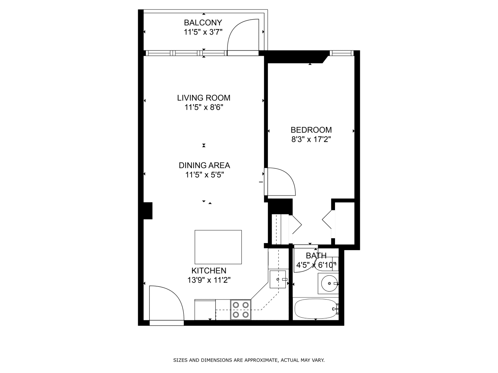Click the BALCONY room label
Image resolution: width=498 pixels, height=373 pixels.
pyautogui.click(x=203, y=23)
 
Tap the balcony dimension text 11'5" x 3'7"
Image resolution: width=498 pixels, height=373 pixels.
pyautogui.click(x=203, y=32)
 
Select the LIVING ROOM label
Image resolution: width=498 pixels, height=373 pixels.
pyautogui.click(x=204, y=98)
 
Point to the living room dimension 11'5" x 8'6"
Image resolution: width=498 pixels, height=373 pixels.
pyautogui.click(x=204, y=107)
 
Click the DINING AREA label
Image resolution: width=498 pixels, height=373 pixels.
pyautogui.click(x=204, y=165)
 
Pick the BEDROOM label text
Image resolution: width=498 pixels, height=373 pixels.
pyautogui.click(x=311, y=130)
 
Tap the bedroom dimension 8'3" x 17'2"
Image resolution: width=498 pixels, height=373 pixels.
pyautogui.click(x=311, y=139)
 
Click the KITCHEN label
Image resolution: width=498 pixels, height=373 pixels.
pyautogui.click(x=209, y=271)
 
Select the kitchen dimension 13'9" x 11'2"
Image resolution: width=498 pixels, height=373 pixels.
pyautogui.click(x=209, y=280)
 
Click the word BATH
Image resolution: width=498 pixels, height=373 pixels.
pyautogui.click(x=316, y=256)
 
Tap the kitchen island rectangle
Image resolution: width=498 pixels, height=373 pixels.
pyautogui.click(x=218, y=247)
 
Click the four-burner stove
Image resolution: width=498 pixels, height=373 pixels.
pyautogui.click(x=241, y=310)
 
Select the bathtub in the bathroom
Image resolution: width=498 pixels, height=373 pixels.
pyautogui.click(x=316, y=309)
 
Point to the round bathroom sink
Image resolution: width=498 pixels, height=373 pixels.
pyautogui.click(x=329, y=283)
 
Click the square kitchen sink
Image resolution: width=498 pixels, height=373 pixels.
pyautogui.click(x=278, y=279)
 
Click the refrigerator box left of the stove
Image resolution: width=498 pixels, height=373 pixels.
pyautogui.click(x=205, y=310)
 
